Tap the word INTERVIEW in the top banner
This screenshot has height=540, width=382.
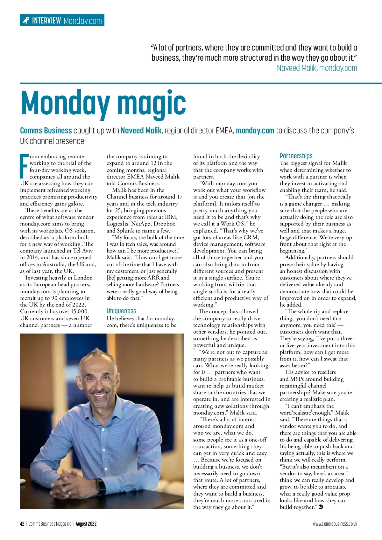click(46, 21)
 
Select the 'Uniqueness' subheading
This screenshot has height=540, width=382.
click(121, 311)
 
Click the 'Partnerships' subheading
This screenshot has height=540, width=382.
click(296, 156)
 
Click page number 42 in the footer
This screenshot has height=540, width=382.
click(22, 524)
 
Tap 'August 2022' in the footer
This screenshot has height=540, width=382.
click(86, 524)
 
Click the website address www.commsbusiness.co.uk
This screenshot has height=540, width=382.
click(335, 524)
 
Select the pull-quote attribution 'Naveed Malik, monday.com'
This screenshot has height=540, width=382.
click(317, 68)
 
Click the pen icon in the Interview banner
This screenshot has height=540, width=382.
click(26, 21)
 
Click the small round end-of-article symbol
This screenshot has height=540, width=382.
click(321, 507)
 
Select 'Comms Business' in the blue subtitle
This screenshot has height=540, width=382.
click(46, 131)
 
